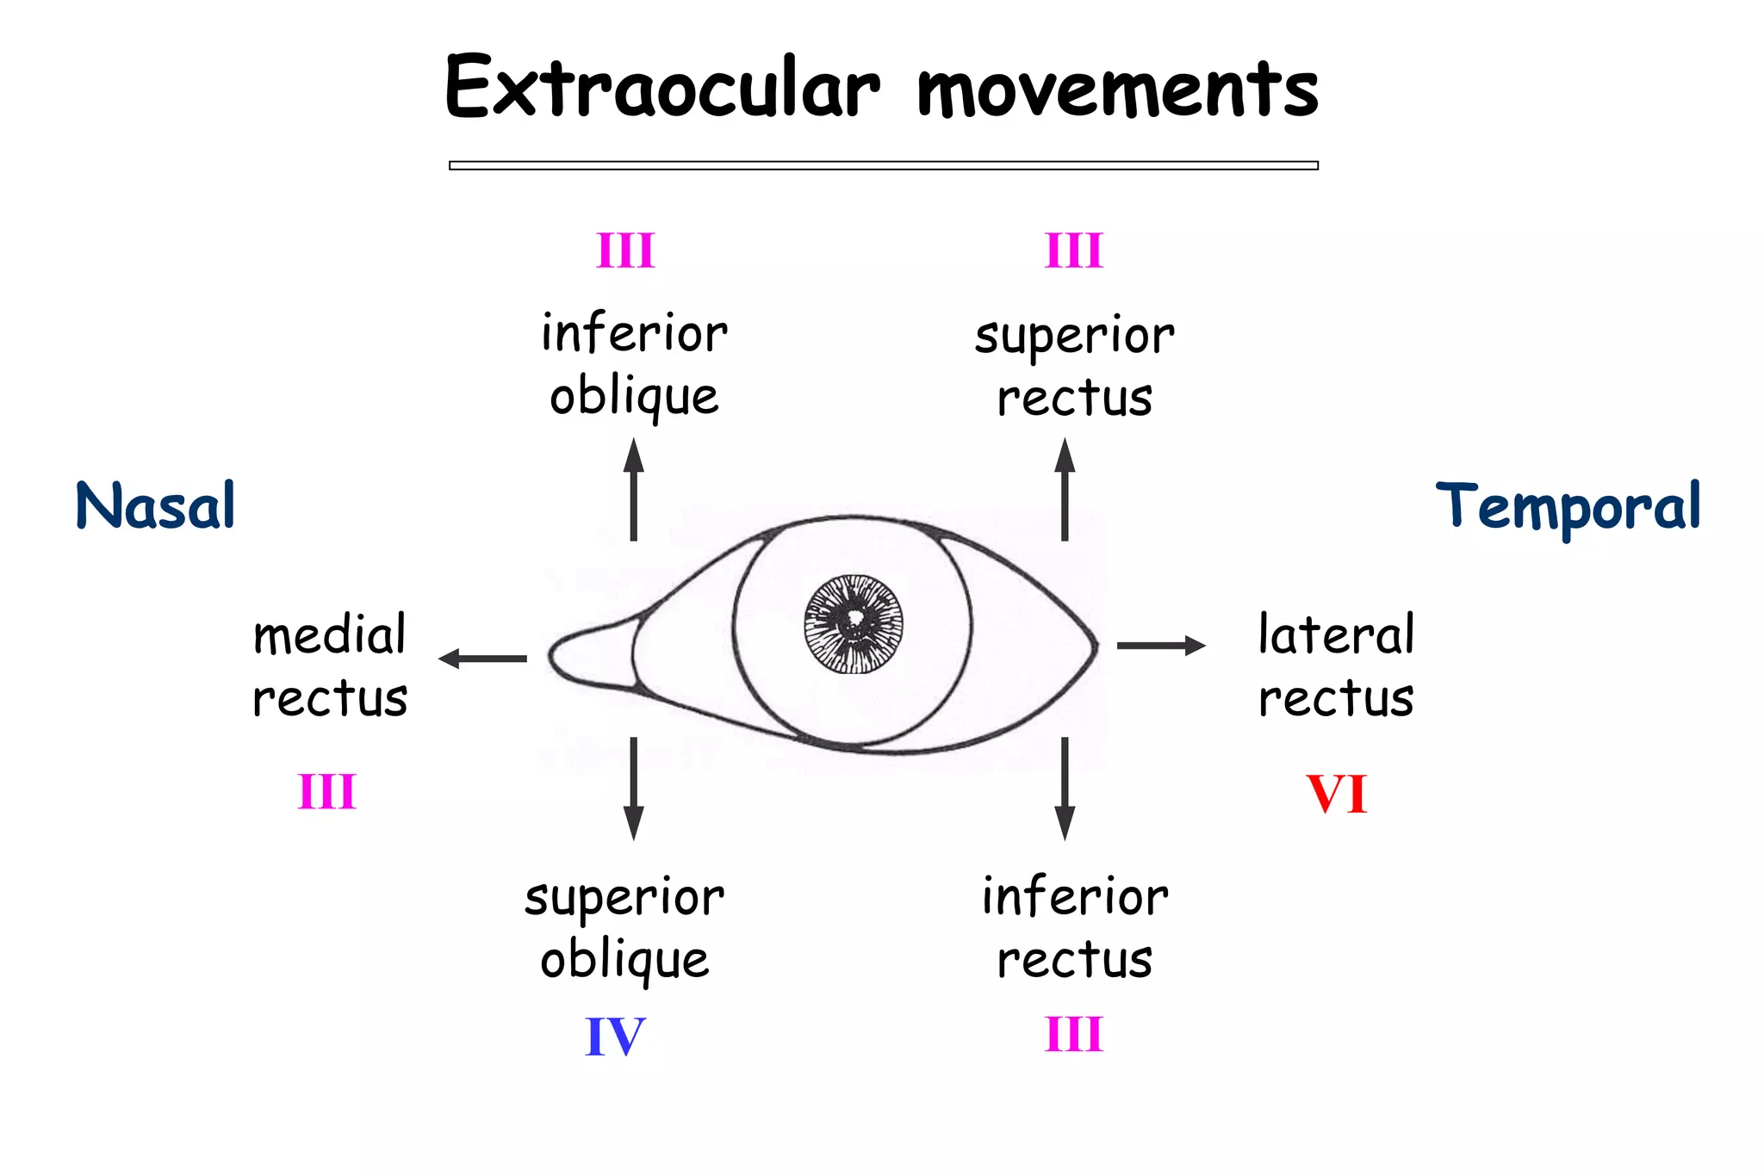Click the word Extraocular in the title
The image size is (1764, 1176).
(x=662, y=88)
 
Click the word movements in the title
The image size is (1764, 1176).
(x=1117, y=90)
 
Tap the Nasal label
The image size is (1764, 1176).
(x=155, y=505)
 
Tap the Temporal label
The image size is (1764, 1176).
(x=1568, y=507)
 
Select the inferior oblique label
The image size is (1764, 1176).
(x=635, y=365)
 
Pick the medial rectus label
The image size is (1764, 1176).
(x=330, y=665)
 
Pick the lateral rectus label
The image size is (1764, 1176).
(x=1336, y=665)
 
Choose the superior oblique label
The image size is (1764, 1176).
(x=625, y=928)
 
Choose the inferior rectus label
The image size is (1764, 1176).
(x=1075, y=928)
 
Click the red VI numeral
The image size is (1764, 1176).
(x=1336, y=794)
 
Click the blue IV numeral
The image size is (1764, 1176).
(x=615, y=1037)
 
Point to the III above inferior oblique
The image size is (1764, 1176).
(x=626, y=251)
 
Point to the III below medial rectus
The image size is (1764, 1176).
(x=327, y=792)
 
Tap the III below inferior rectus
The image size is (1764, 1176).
(x=1074, y=1035)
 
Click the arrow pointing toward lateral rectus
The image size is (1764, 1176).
(x=1160, y=645)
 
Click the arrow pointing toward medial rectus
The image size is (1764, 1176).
(x=483, y=659)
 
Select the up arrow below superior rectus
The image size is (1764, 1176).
(x=1065, y=490)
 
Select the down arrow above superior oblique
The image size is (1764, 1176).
(x=634, y=788)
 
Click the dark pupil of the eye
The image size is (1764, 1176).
(x=854, y=622)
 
